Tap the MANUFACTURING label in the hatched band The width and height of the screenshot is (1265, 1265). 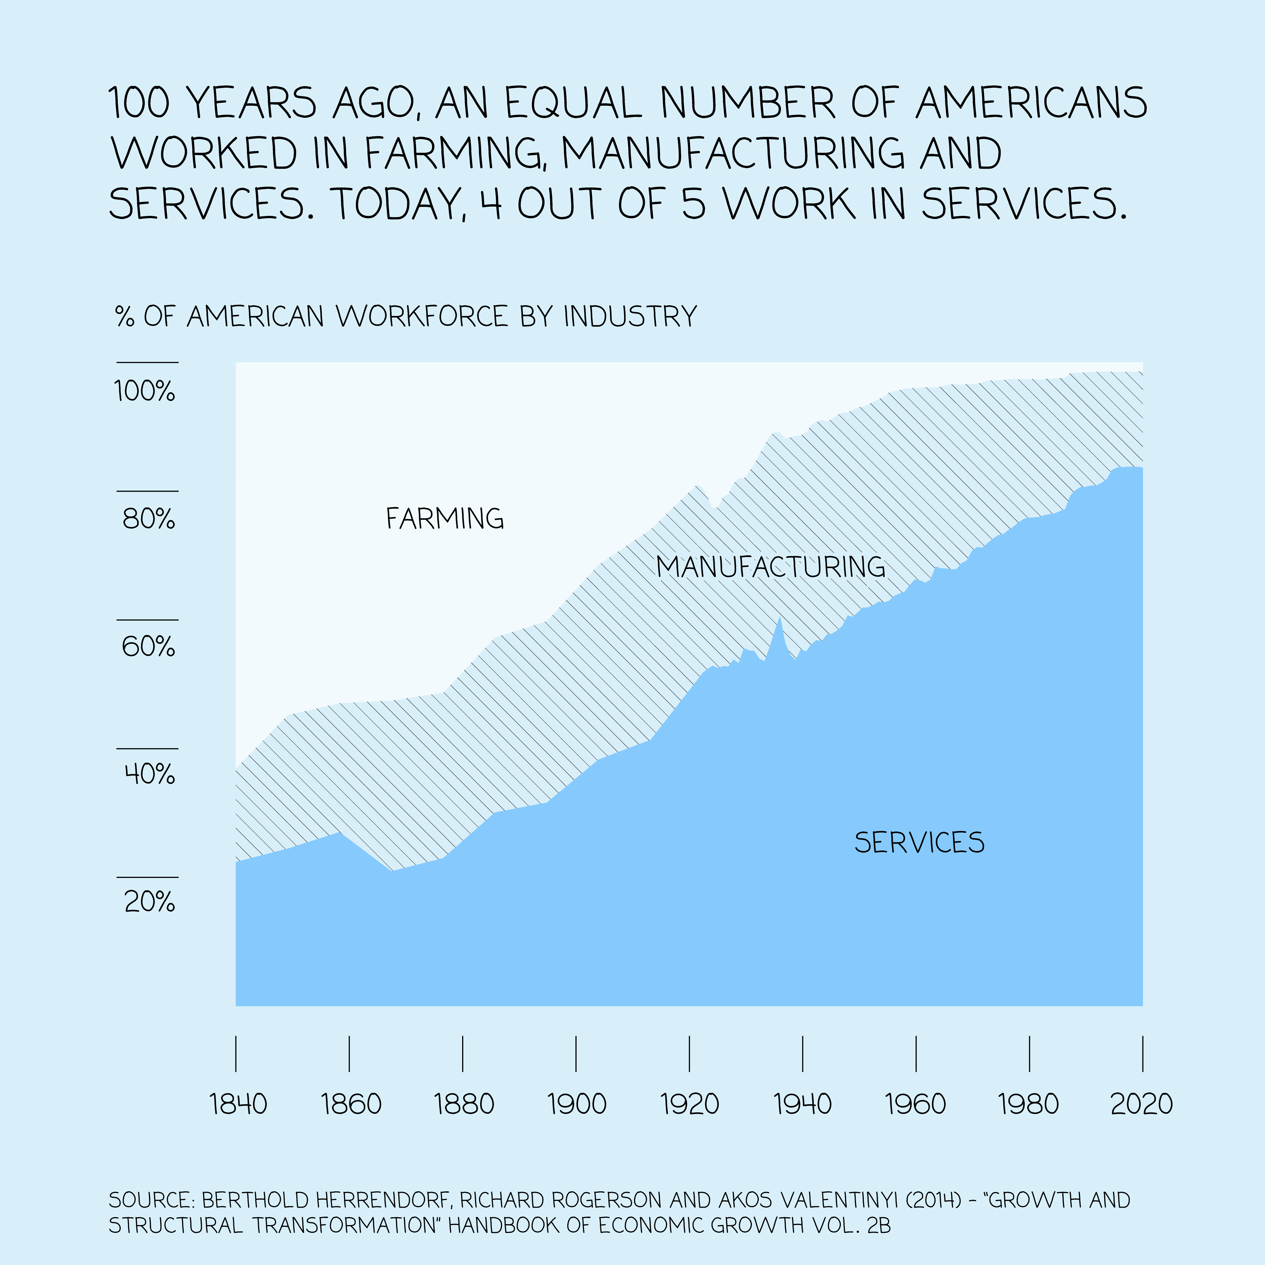pyautogui.click(x=771, y=566)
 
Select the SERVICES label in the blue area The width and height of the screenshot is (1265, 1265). pyautogui.click(x=919, y=843)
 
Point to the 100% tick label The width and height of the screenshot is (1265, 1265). pyautogui.click(x=145, y=392)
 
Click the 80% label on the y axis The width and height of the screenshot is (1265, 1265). pyautogui.click(x=149, y=519)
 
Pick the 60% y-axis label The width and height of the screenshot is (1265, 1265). pyautogui.click(x=149, y=647)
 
